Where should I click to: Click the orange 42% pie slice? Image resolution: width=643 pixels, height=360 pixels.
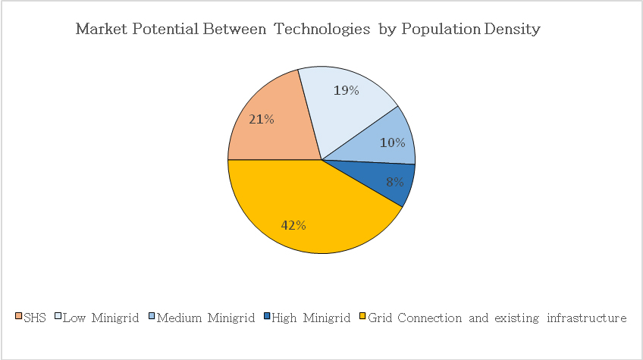click(x=303, y=212)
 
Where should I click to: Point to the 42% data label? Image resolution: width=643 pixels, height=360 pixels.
click(x=293, y=225)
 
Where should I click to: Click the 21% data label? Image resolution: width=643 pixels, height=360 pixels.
click(x=262, y=119)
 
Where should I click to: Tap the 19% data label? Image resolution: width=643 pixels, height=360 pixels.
click(x=347, y=90)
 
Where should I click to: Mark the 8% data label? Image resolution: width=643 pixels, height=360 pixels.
click(x=394, y=182)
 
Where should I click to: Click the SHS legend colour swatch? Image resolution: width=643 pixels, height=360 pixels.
click(x=19, y=318)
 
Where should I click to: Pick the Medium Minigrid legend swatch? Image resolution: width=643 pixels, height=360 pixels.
click(x=151, y=318)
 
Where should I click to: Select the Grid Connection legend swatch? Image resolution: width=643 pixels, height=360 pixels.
click(x=362, y=318)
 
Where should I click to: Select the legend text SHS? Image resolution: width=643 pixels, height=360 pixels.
click(x=35, y=318)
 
